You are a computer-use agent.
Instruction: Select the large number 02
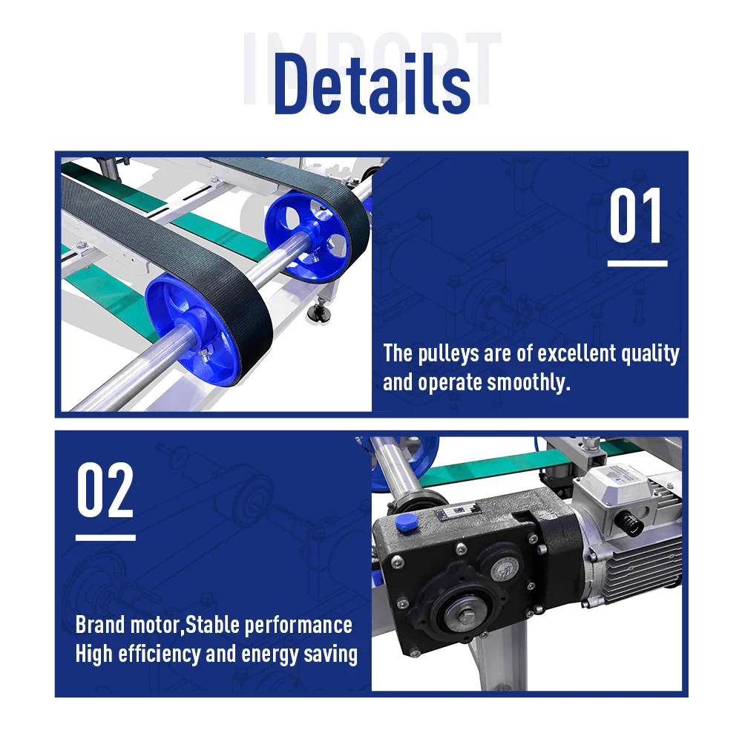coord(105,491)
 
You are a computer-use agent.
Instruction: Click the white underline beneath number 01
coord(637,263)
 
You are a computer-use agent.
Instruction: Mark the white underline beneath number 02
coord(105,537)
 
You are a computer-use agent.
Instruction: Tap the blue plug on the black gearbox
coord(404,522)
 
